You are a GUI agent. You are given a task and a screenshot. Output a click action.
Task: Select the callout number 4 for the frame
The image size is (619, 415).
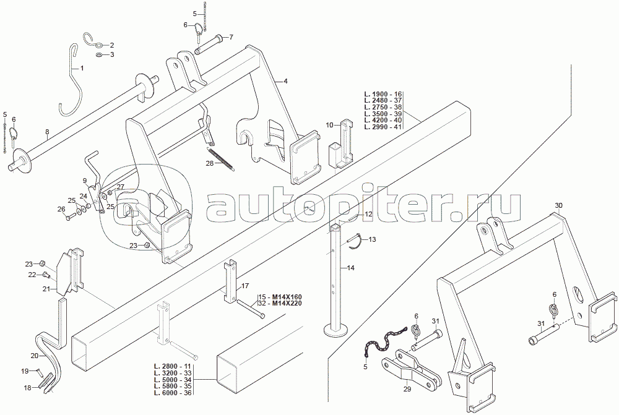coord(287,80)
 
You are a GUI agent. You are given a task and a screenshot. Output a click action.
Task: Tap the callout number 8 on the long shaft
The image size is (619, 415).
coord(47,132)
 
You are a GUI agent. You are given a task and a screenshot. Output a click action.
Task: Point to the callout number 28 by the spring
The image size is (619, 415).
coord(209,164)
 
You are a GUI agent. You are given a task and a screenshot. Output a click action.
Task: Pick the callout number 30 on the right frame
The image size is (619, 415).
coord(558,205)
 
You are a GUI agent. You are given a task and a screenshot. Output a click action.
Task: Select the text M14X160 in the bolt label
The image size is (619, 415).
coord(288,297)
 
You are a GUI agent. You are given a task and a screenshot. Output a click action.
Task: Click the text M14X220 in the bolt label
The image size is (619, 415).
coord(288,304)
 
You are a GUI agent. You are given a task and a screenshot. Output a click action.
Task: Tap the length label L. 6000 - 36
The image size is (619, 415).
coord(173,393)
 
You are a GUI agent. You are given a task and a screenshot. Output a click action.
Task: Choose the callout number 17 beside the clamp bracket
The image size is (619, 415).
coord(245,286)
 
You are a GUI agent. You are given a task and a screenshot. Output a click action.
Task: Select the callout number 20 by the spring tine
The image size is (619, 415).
coord(34,356)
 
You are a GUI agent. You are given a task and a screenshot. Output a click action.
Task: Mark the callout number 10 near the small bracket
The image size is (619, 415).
coord(330,126)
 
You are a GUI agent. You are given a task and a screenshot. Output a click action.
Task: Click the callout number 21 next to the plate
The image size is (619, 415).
coord(46,288)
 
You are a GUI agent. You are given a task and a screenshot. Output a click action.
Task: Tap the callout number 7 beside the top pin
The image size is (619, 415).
coord(231,37)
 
